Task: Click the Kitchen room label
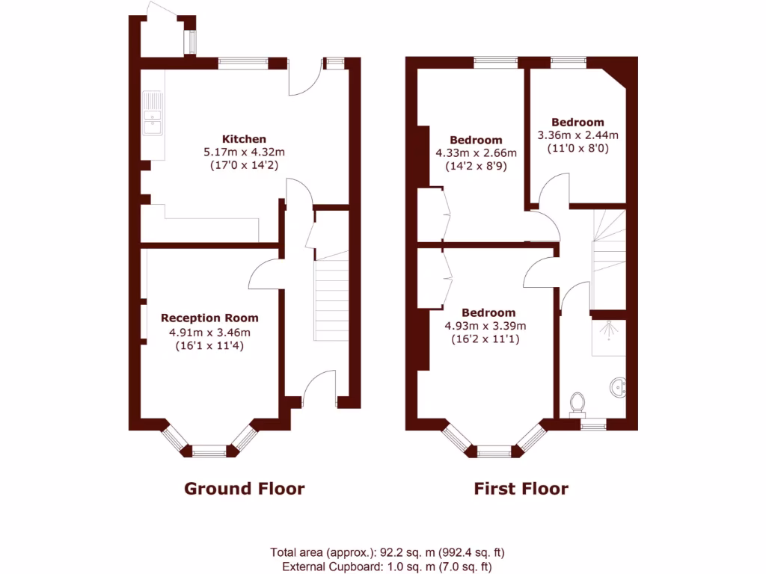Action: (x=244, y=139)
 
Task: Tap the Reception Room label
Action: (x=210, y=318)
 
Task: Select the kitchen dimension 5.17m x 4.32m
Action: (x=244, y=152)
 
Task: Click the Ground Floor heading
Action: (x=245, y=489)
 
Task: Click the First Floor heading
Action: (x=521, y=489)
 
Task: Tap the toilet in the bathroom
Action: (x=577, y=404)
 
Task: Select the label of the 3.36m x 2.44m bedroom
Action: (x=577, y=123)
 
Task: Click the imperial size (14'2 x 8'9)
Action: (x=476, y=166)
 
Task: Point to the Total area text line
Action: (x=387, y=553)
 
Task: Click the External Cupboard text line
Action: (x=387, y=567)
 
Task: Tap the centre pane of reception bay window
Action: (x=209, y=451)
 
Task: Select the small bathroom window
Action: (x=594, y=425)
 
